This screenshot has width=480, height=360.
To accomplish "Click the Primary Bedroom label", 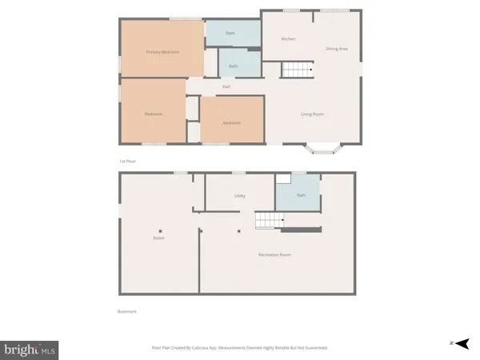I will [x=162, y=52].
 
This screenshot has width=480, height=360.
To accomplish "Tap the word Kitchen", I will [x=289, y=38].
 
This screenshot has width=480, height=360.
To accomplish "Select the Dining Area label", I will [x=336, y=50].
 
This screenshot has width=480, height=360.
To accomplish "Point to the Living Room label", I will [x=312, y=114].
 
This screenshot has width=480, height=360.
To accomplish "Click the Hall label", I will [x=226, y=86].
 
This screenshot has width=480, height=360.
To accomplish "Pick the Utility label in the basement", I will [x=239, y=195].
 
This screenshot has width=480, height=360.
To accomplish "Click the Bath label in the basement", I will [x=301, y=195].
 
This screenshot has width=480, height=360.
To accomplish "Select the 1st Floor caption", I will [x=128, y=161].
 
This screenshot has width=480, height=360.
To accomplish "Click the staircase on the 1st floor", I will [x=295, y=70].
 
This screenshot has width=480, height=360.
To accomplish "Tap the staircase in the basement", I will [x=269, y=221].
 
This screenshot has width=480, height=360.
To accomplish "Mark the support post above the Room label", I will [x=159, y=231].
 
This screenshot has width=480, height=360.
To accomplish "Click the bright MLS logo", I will [x=30, y=349].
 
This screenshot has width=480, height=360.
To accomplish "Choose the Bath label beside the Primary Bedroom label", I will [x=233, y=66].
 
